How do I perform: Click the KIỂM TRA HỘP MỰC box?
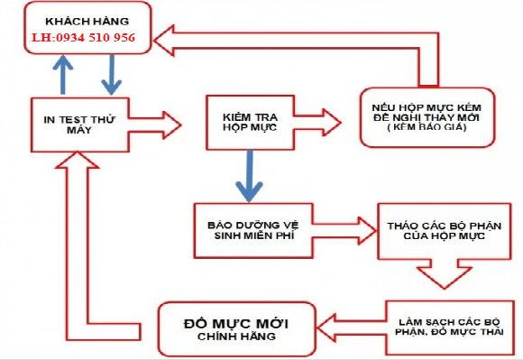(248, 123)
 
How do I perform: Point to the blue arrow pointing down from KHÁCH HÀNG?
(112, 72)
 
